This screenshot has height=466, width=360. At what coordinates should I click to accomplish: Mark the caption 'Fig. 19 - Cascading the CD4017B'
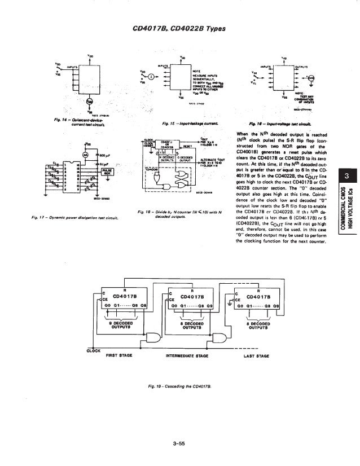coord(179,386)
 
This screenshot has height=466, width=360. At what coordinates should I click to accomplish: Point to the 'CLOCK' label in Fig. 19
coord(93,350)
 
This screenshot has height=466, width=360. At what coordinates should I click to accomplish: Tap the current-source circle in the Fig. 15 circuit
coord(151,76)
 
